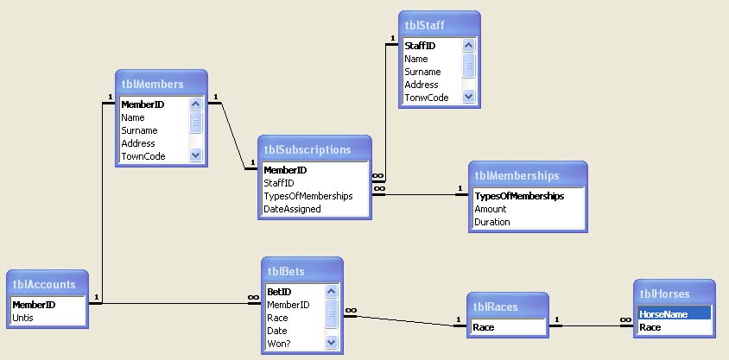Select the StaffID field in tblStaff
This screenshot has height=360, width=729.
421,46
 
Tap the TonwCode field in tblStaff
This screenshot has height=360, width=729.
427,98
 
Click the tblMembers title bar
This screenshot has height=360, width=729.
153,84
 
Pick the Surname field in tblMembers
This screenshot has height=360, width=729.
139,130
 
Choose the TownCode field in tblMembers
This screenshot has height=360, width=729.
143,156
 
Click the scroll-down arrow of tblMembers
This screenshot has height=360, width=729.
195,155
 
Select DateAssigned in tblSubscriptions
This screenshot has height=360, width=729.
292,209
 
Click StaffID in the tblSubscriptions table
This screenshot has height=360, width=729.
279,183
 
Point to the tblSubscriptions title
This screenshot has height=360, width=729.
307,149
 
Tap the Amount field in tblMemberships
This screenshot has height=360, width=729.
491,209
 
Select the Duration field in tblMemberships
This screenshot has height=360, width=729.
492,222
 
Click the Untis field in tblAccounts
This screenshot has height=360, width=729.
24,318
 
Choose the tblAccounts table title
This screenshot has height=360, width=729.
44,284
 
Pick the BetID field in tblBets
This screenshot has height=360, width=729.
278,292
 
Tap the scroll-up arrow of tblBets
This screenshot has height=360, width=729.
331,292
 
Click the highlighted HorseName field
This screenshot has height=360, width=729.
663,314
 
